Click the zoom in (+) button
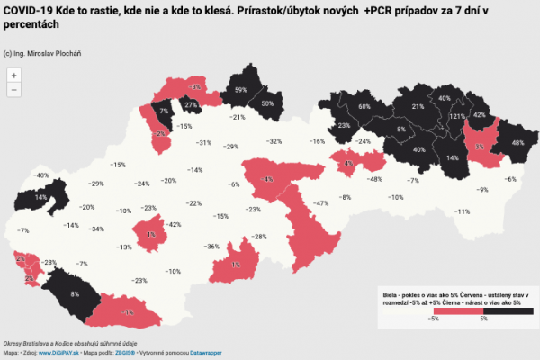[14, 75]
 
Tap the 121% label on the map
[457, 117]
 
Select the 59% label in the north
[240, 91]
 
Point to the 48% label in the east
[517, 143]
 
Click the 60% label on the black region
[364, 107]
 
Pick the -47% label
[319, 204]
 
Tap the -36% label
[211, 247]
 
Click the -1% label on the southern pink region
[129, 311]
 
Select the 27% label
[191, 105]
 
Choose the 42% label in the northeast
[480, 116]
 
